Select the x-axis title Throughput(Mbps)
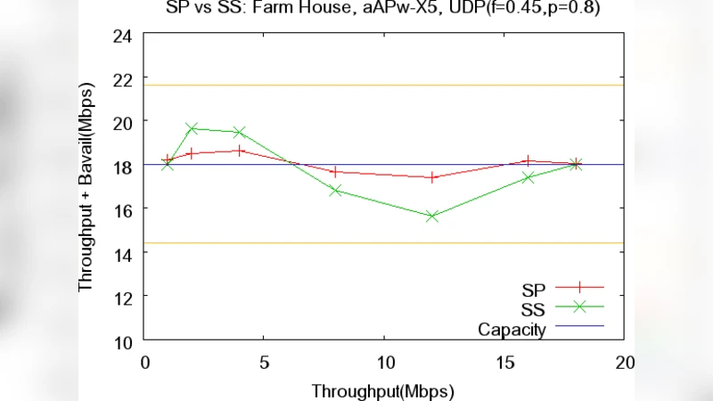383,391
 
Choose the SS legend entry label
534,308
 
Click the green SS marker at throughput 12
432,216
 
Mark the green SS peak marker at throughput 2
192,128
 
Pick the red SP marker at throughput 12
432,177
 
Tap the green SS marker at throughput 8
336,190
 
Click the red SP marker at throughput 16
529,160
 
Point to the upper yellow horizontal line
383,86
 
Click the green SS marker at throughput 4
239,132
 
